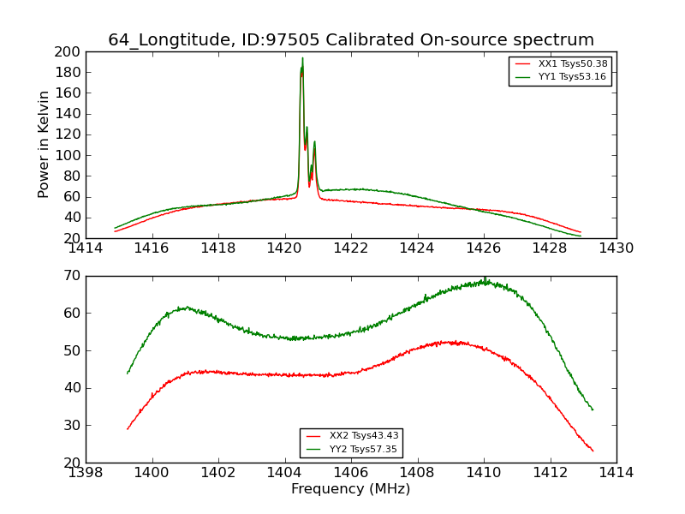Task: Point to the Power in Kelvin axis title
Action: click(45, 145)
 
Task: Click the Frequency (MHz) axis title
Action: click(350, 489)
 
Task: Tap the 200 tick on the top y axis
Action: click(68, 51)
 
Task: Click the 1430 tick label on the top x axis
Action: click(616, 248)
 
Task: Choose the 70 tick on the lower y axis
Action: click(72, 276)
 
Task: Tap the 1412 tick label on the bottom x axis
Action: click(550, 473)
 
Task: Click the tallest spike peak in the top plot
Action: click(302, 58)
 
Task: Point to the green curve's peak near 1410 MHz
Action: click(484, 279)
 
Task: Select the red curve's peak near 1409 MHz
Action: click(454, 342)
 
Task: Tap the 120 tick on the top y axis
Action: click(68, 134)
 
